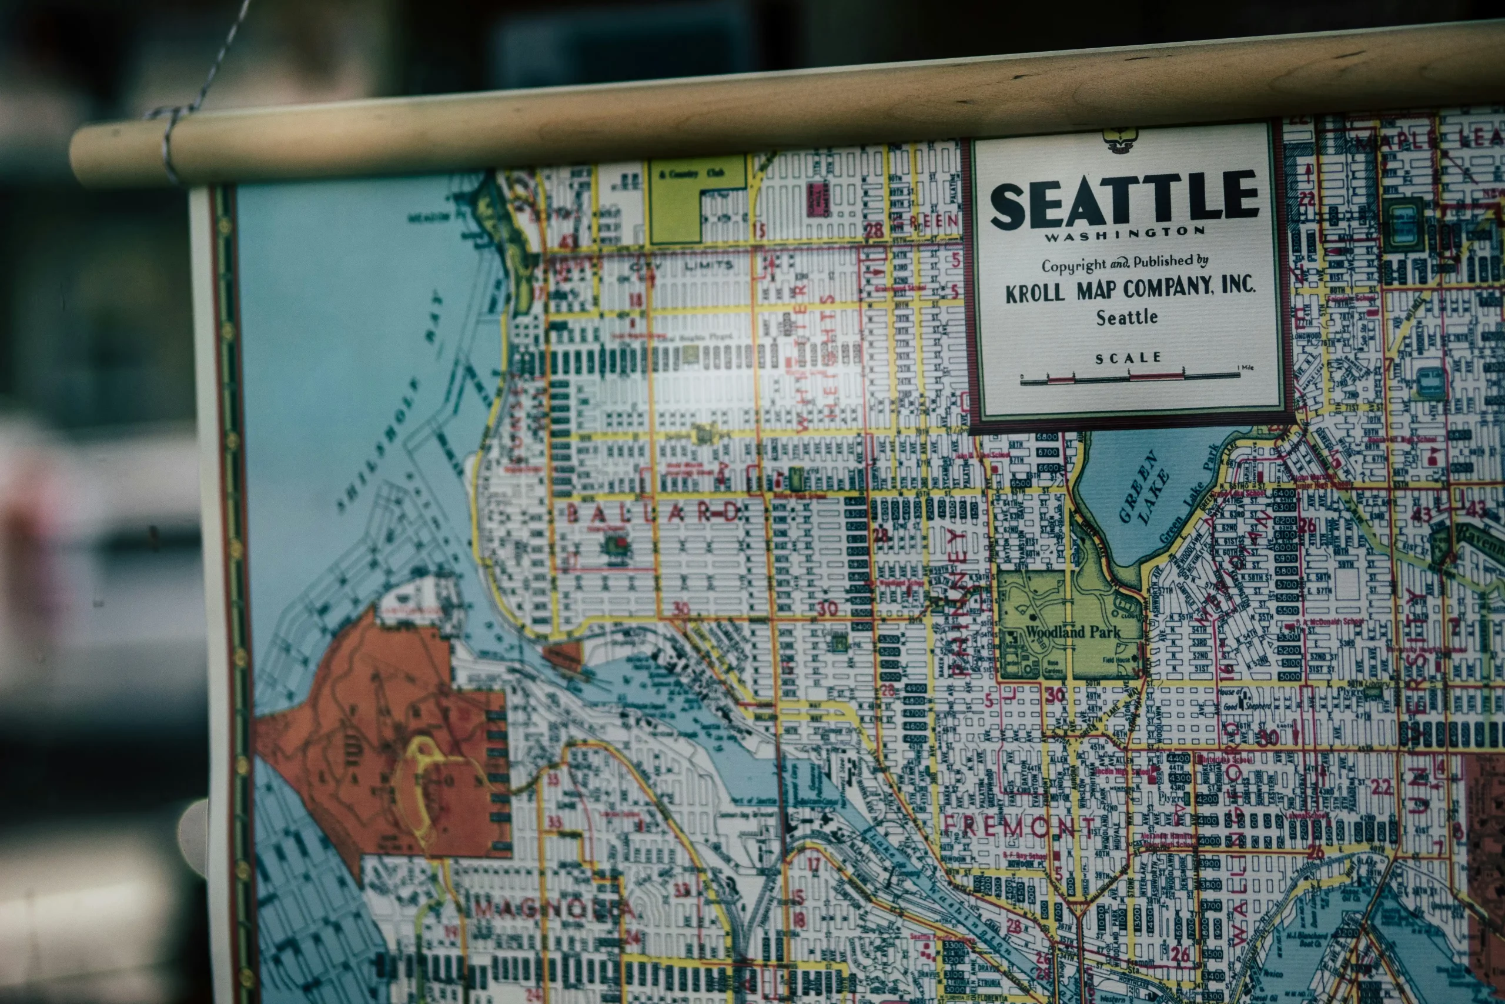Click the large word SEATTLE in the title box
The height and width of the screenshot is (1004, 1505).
pyautogui.click(x=1124, y=200)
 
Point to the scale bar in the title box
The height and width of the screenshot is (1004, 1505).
pyautogui.click(x=1129, y=378)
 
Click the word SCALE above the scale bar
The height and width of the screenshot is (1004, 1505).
pyautogui.click(x=1128, y=358)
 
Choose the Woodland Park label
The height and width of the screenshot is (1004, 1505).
pyautogui.click(x=1073, y=632)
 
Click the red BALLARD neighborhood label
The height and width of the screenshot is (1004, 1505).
pyautogui.click(x=653, y=512)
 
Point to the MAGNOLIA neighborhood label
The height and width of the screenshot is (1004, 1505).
pyautogui.click(x=553, y=909)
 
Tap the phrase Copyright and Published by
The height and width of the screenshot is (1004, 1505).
pyautogui.click(x=1124, y=262)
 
